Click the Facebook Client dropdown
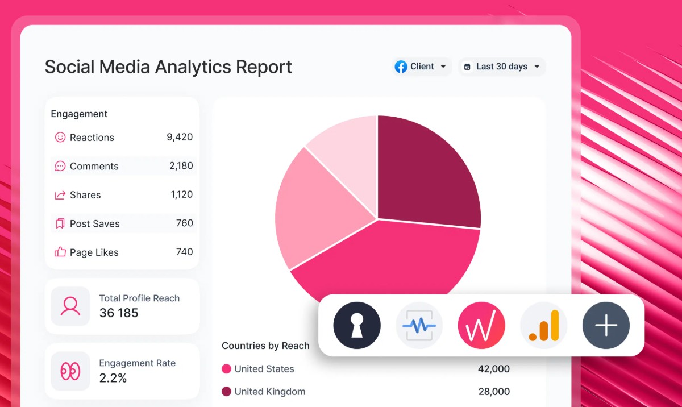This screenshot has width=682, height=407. [x=422, y=67]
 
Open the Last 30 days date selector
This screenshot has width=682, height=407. [x=501, y=67]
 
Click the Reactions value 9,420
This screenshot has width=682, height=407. [x=180, y=137]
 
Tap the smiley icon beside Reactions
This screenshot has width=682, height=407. [x=60, y=137]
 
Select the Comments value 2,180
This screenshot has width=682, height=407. [x=181, y=166]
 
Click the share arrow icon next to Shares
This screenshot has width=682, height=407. [x=60, y=195]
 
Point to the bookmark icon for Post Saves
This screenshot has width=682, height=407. [x=60, y=223]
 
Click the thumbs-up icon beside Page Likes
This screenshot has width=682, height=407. [x=60, y=252]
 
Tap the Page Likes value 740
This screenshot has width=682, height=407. [x=184, y=252]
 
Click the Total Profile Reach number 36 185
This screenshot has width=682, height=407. [x=119, y=313]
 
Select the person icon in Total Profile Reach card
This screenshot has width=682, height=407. [x=70, y=306]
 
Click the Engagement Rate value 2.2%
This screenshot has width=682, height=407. [x=113, y=378]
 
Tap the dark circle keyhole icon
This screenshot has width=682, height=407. [x=357, y=325]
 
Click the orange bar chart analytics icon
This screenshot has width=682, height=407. [x=544, y=325]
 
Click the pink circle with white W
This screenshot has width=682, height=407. [x=481, y=325]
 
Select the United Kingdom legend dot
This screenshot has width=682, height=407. [x=226, y=392]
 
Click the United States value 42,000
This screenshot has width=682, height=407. [x=493, y=369]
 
